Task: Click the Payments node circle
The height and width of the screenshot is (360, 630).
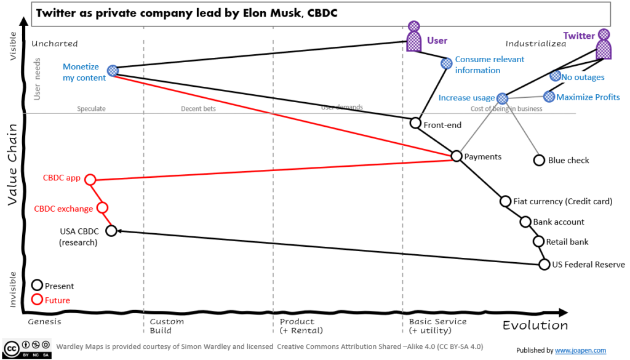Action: (456, 156)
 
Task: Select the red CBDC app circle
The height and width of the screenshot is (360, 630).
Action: (90, 180)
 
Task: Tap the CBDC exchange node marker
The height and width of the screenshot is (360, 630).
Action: (103, 208)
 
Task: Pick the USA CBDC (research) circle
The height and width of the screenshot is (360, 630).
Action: (111, 231)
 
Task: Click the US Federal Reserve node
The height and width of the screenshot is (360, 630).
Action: (544, 265)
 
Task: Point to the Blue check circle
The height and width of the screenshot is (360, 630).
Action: (539, 160)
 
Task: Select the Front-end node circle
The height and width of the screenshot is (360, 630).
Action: (416, 123)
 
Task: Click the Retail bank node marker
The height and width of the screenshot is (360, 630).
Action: (539, 242)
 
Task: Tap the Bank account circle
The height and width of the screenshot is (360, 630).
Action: (525, 222)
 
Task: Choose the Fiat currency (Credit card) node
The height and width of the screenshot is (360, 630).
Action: (505, 201)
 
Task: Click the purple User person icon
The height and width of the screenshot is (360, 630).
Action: (415, 38)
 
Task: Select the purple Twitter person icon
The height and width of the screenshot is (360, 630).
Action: (604, 44)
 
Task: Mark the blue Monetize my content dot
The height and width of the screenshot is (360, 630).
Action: (112, 71)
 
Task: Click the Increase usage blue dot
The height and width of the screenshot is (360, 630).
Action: (502, 98)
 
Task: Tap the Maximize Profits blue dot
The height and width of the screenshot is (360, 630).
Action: (549, 96)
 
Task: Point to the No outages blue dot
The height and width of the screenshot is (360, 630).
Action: (555, 76)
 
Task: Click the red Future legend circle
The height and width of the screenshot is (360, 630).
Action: (37, 300)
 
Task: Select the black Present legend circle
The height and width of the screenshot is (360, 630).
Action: (37, 285)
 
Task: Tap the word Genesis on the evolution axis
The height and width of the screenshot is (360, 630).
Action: (45, 321)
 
